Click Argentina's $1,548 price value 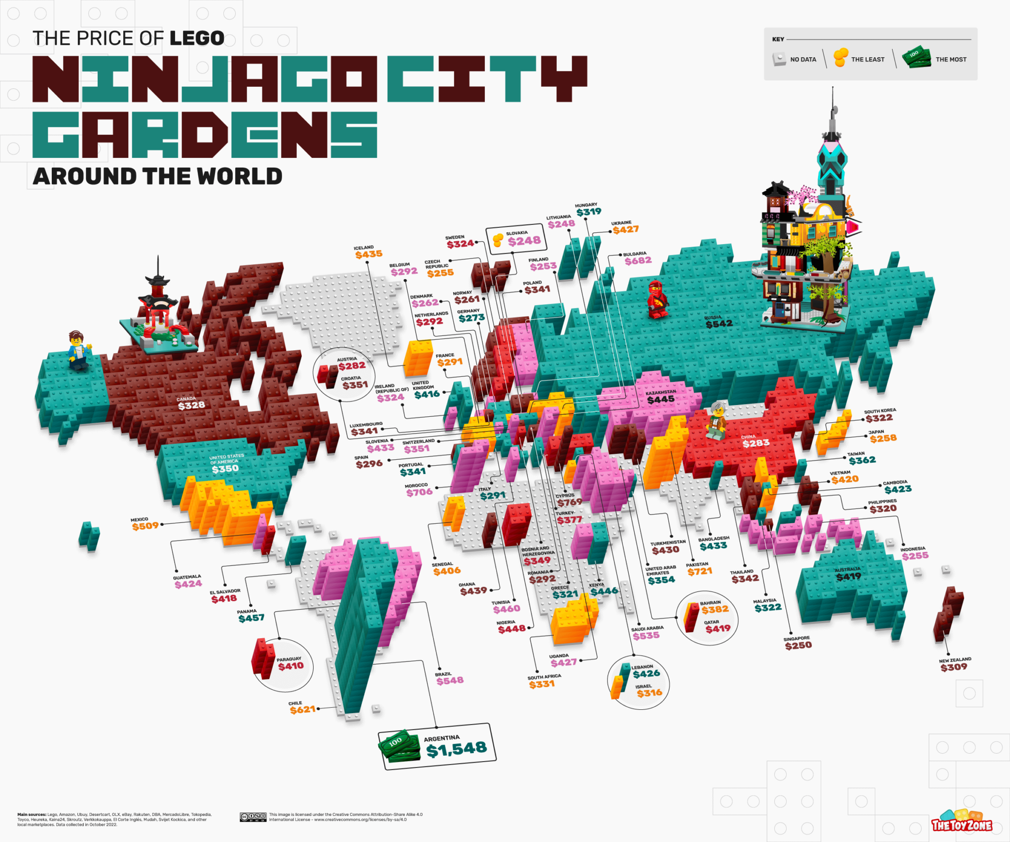[x=457, y=749]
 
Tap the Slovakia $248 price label [x=524, y=241]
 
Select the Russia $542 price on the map [x=719, y=324]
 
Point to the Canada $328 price [x=191, y=405]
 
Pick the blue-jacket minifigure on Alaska [x=78, y=350]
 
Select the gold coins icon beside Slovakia [x=498, y=240]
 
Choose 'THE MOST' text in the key [x=951, y=60]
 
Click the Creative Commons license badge [x=253, y=817]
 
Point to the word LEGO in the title [x=197, y=38]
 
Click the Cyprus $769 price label [x=570, y=502]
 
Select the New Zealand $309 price [x=953, y=667]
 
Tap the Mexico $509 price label [x=145, y=526]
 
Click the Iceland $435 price [x=368, y=254]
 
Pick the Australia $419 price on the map [x=848, y=576]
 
